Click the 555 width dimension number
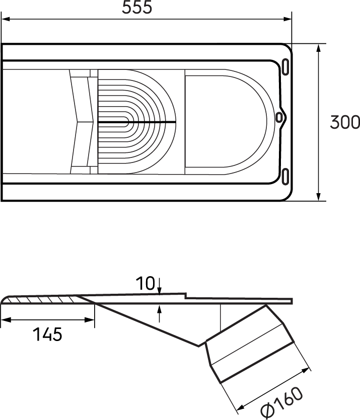coord(137,8)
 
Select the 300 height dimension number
coord(344,122)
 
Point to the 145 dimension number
coord(47,334)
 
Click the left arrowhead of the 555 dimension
coord(5,20)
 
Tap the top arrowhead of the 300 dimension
coord(319,48)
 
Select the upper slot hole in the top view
coord(286,66)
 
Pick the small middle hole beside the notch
coord(278,117)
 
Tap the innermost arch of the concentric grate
coord(126,121)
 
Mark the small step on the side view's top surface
coord(185,296)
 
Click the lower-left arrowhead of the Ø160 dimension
coord(241,406)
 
